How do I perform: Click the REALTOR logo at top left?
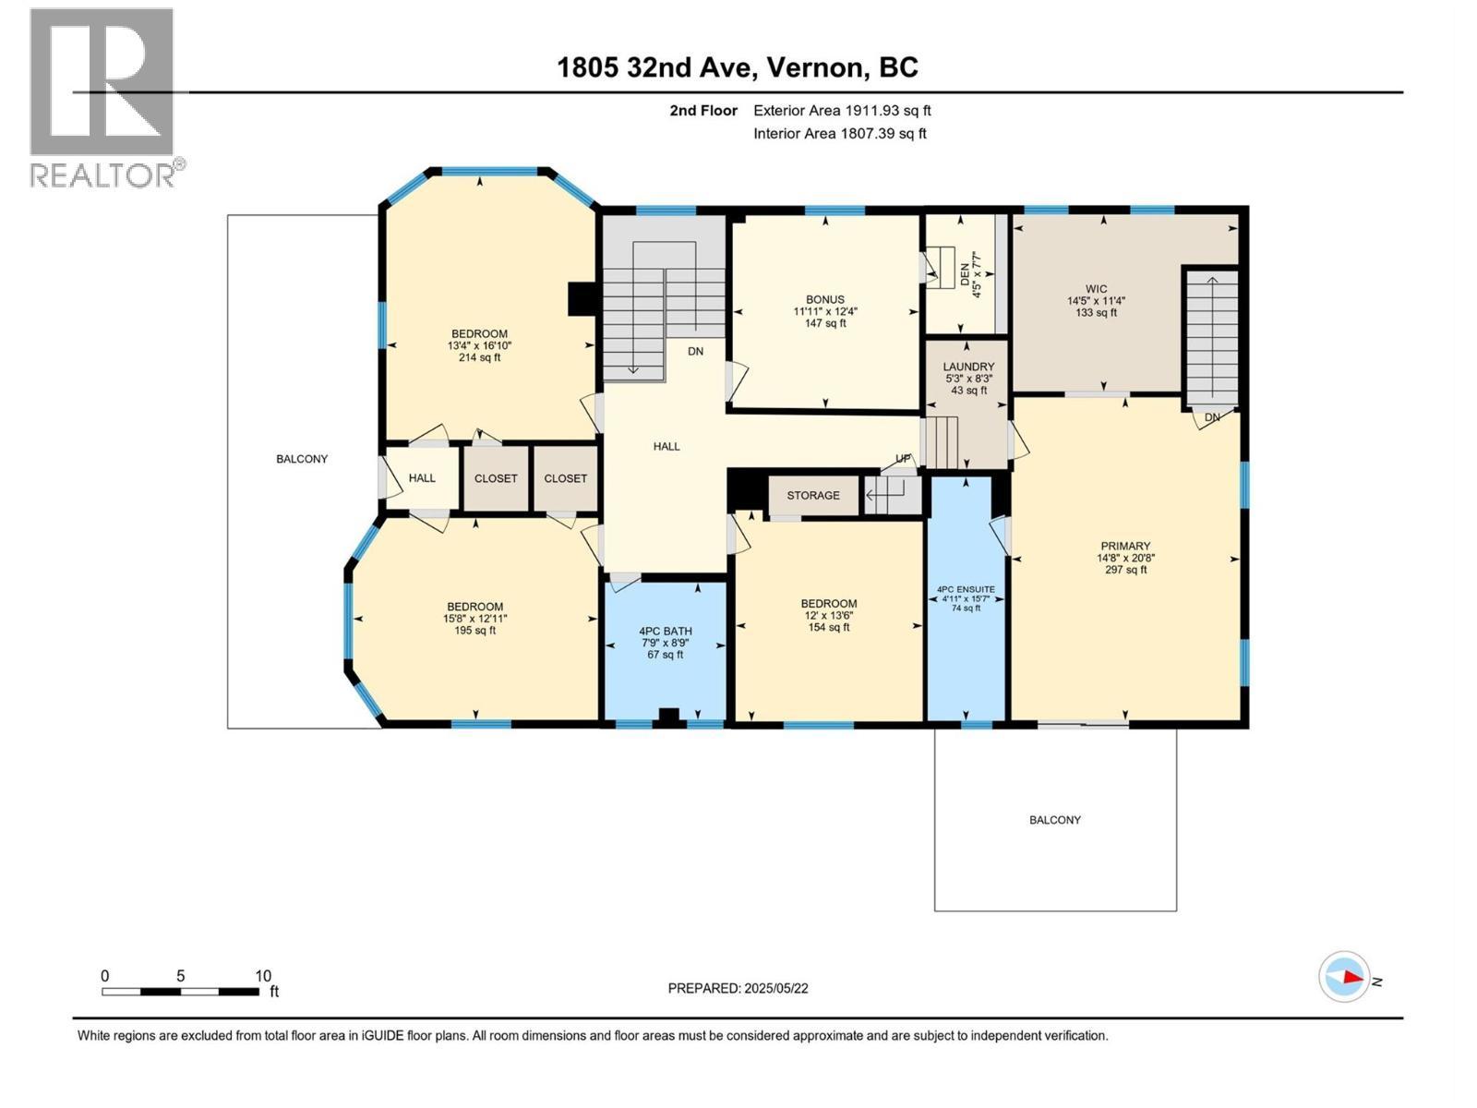tap(102, 96)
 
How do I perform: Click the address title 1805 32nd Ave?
tap(738, 67)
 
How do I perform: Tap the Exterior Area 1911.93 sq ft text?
tap(842, 111)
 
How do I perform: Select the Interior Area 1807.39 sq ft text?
tap(839, 134)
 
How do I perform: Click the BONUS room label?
tap(825, 299)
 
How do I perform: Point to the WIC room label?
tap(1096, 289)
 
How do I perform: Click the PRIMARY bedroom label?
tap(1125, 546)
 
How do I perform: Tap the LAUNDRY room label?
tap(968, 367)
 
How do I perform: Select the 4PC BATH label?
tap(665, 632)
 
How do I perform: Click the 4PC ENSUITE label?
tap(966, 589)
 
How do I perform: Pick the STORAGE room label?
tap(813, 496)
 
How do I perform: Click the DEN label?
tap(966, 274)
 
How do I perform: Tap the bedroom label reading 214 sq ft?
tap(479, 345)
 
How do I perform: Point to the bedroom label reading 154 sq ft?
tap(828, 615)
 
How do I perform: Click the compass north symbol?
tap(1344, 977)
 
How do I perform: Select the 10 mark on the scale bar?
tap(263, 976)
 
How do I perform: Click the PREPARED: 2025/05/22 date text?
tap(738, 988)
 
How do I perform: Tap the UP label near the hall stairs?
tap(903, 460)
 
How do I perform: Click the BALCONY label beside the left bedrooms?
tap(302, 459)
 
